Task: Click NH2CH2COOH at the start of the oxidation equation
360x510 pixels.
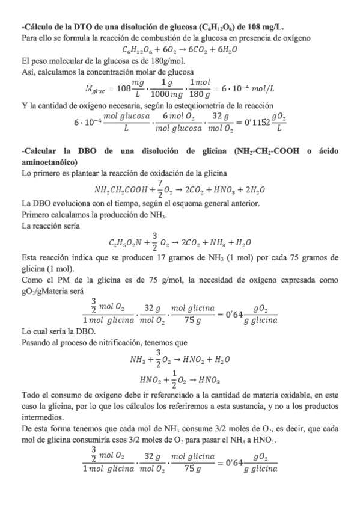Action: click(123, 191)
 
